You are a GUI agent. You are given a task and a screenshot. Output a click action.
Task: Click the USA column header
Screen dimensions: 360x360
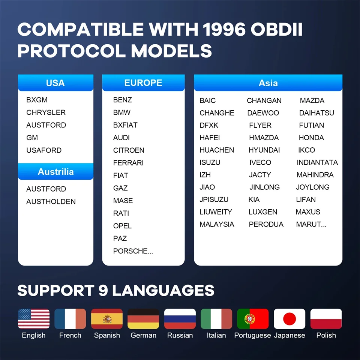55,82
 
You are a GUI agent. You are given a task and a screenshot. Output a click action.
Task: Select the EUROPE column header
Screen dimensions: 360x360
143,82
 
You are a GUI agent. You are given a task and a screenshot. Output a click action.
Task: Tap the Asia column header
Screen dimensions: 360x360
268,82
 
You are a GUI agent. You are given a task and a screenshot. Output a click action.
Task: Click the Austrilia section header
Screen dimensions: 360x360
55,171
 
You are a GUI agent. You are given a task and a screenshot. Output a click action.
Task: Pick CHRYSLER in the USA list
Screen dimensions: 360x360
46,112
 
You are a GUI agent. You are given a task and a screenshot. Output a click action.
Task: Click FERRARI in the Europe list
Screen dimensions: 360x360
128,163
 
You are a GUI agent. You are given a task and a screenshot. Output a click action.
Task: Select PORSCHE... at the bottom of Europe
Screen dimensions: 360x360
133,251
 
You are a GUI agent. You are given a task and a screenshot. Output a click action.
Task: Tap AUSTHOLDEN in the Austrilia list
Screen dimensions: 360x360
51,201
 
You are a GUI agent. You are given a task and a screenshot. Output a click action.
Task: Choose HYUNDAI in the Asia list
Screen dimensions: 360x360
264,150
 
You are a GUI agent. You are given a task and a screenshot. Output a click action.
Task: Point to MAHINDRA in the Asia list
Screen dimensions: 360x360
315,175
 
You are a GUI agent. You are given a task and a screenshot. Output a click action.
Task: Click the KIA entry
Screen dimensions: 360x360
254,199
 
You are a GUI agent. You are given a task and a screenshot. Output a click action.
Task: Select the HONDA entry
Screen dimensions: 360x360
311,138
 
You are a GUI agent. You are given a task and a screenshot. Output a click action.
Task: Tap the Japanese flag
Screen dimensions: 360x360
289,319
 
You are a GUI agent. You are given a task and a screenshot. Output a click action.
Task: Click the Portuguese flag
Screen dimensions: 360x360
253,319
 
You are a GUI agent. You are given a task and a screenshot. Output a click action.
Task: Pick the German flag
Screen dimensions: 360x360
143,319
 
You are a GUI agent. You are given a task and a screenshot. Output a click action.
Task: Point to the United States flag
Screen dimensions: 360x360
34,319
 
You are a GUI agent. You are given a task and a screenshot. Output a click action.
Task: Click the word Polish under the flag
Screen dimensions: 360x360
326,335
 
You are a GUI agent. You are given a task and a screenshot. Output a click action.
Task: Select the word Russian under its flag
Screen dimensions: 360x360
180,335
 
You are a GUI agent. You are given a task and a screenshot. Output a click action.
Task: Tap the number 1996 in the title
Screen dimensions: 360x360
224,29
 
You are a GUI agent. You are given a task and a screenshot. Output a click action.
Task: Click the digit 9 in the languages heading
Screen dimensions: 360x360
103,290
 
